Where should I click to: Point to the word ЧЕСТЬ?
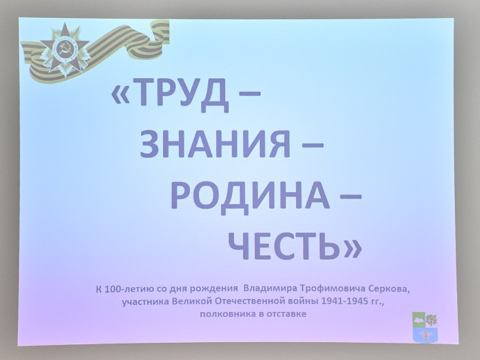tap(285, 245)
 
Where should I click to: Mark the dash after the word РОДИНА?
tap(351, 197)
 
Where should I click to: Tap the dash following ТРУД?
tap(250, 94)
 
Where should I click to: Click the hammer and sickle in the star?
tap(64, 49)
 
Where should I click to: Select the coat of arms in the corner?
tap(425, 327)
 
